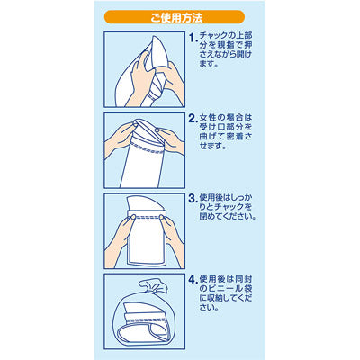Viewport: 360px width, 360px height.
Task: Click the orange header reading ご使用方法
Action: (175, 17)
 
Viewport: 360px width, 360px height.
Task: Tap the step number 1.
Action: (193, 38)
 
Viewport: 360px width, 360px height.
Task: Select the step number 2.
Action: (193, 119)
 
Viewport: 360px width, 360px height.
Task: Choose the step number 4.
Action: (193, 279)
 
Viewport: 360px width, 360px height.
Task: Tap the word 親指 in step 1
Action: (221, 46)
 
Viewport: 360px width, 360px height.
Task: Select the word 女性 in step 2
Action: (209, 118)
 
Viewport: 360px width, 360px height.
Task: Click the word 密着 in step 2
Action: (235, 136)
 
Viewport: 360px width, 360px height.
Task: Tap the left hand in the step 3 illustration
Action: (119, 241)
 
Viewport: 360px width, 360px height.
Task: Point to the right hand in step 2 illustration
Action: (169, 141)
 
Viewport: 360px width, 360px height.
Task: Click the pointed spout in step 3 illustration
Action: (145, 203)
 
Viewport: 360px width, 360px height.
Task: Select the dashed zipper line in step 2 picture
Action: (149, 148)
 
